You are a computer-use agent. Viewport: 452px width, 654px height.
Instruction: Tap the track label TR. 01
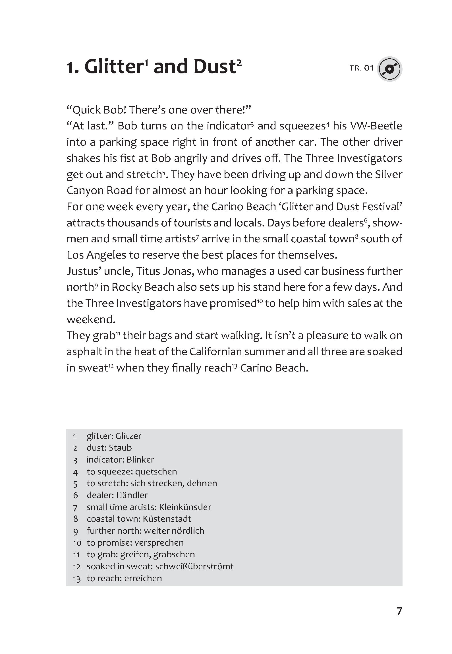tap(361, 68)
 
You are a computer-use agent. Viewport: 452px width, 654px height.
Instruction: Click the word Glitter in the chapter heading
tap(113, 67)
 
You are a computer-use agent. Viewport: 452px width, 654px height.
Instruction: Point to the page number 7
tap(399, 611)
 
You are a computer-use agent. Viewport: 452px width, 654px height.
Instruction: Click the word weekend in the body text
tap(91, 319)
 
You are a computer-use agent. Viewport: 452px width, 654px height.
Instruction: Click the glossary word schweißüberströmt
tap(194, 566)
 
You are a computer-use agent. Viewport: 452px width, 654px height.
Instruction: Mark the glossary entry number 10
tap(77, 543)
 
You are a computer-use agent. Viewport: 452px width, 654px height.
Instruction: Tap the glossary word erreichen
tap(143, 578)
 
